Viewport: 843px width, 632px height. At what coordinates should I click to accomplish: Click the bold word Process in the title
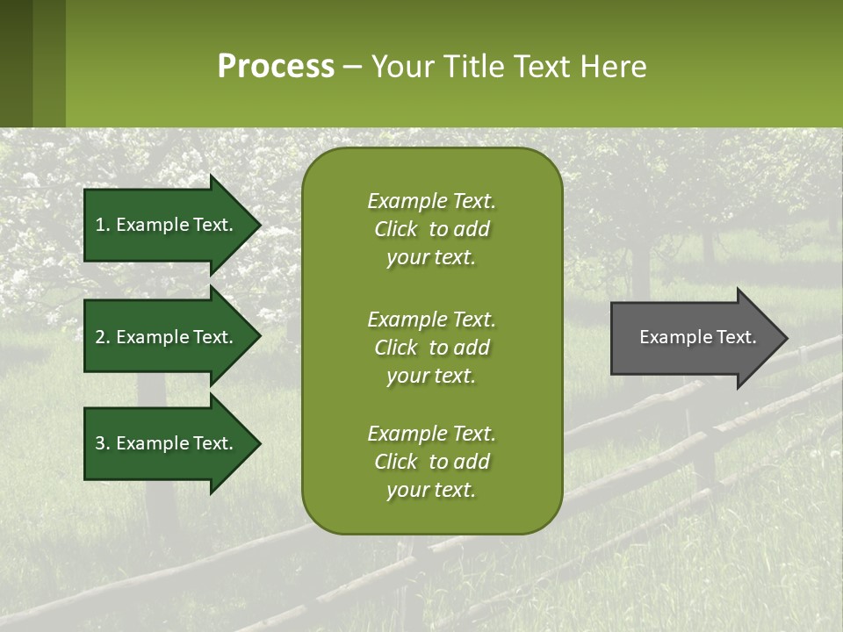point(276,67)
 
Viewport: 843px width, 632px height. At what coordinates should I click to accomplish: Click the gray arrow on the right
point(694,338)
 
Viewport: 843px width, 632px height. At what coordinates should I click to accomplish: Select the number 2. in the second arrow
point(103,337)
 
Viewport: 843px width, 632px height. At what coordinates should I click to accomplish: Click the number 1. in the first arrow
point(102,225)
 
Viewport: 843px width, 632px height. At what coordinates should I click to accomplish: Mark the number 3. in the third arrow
point(103,443)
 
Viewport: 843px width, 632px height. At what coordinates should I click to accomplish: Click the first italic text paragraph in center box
point(431,229)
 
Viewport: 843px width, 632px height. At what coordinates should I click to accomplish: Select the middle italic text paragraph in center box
point(431,348)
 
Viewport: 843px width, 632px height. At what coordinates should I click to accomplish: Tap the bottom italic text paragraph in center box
point(431,462)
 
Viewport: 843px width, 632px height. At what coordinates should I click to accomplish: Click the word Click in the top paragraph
point(395,229)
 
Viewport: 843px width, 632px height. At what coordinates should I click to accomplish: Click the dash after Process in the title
point(352,68)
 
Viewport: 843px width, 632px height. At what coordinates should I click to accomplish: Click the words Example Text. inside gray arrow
point(697,337)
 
